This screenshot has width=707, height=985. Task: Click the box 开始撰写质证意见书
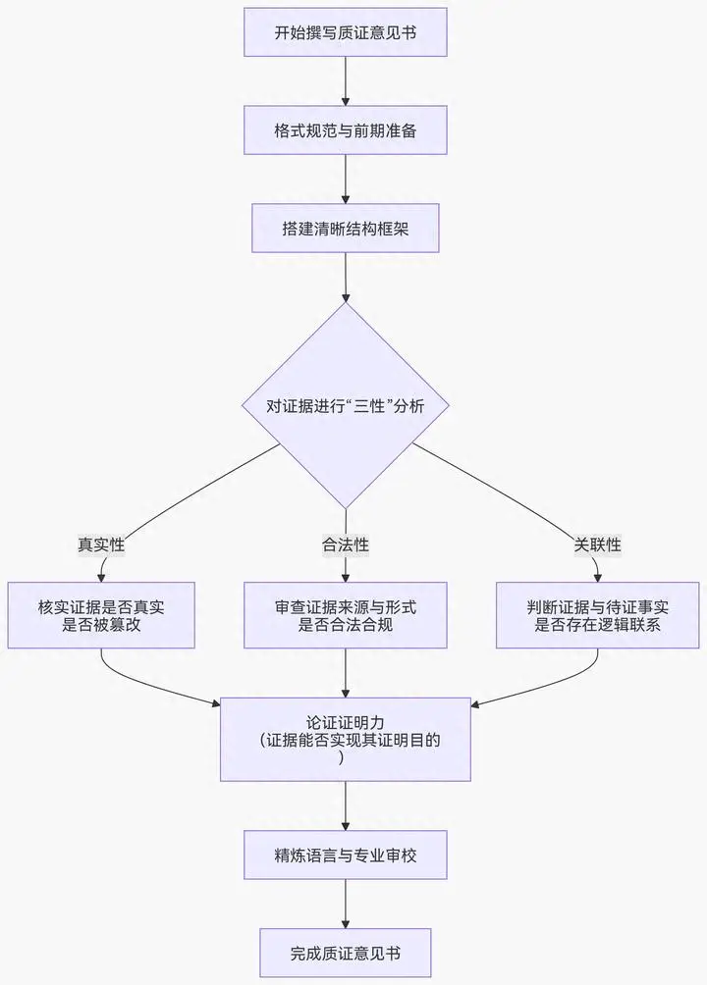346,32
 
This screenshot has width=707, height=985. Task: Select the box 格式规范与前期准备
346,130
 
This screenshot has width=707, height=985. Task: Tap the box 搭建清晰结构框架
346,229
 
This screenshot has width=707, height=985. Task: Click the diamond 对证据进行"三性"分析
346,405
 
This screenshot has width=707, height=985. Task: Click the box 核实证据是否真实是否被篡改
101,615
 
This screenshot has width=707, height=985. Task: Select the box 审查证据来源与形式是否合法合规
346,615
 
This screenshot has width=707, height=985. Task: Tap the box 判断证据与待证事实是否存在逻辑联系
598,615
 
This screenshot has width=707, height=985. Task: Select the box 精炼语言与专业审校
346,855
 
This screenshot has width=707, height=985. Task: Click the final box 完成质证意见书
346,953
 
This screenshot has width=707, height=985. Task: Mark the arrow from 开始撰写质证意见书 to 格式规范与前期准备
346,81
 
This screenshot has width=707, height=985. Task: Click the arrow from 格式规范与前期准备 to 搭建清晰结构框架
346,180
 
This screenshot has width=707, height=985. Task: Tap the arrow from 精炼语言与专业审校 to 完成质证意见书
346,904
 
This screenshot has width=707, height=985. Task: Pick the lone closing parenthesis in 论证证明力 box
341,757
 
